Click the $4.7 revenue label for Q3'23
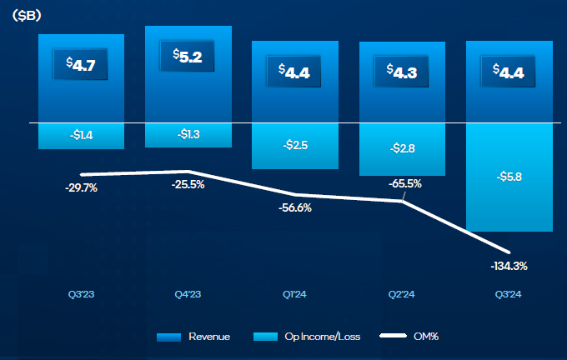pos(80,65)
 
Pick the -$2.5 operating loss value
pos(294,144)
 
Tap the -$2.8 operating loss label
pos(402,148)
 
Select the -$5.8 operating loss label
pos(509,177)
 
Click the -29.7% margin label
pos(81,188)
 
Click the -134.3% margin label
pos(509,266)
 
